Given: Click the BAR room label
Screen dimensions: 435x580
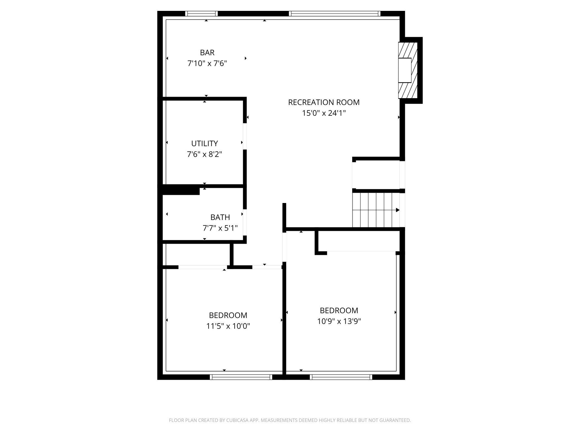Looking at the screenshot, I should coord(207,52).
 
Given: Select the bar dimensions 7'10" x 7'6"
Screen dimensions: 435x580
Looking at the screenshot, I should coord(207,64).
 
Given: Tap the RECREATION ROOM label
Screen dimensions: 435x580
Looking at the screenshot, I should coord(324,102).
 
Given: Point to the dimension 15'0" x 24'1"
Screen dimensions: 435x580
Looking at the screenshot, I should coord(324,113).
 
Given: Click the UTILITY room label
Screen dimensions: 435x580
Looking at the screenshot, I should coord(204,143).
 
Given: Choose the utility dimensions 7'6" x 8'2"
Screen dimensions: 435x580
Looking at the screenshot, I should coord(204,154).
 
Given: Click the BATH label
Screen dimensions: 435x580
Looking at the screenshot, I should coord(220,217).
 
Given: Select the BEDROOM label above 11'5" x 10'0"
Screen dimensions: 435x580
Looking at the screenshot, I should coord(228,315).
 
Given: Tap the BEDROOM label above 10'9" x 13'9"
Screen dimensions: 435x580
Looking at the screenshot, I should coord(339,310).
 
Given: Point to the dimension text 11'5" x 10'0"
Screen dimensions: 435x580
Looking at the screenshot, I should coord(228,326).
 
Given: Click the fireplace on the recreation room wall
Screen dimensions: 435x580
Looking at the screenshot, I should coord(407,70).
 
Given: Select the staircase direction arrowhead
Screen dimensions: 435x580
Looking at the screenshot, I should coord(398,210).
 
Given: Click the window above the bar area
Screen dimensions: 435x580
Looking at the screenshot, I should coord(201,14).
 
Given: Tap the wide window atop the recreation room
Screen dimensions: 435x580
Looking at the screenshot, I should coord(335,14).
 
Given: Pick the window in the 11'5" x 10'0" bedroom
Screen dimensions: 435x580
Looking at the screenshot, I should coord(241,377).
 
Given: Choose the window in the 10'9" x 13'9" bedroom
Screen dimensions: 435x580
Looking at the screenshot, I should coord(341,377).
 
